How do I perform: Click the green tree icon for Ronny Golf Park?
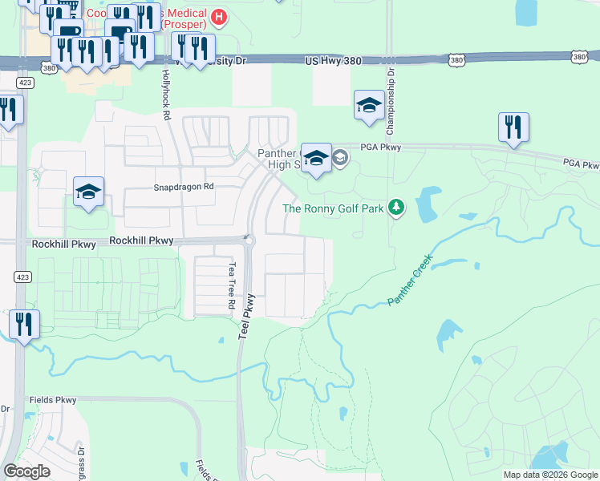395,208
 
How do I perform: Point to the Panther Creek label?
410,280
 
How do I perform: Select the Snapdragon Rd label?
184,187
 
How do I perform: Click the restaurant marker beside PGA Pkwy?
513,127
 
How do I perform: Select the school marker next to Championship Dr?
369,105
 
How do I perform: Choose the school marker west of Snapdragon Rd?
88,192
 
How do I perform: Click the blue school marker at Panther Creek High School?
316,158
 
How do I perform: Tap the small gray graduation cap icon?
339,158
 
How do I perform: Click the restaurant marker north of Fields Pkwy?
24,325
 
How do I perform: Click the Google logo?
26,471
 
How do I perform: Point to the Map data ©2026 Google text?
549,475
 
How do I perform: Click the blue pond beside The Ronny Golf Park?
427,204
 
